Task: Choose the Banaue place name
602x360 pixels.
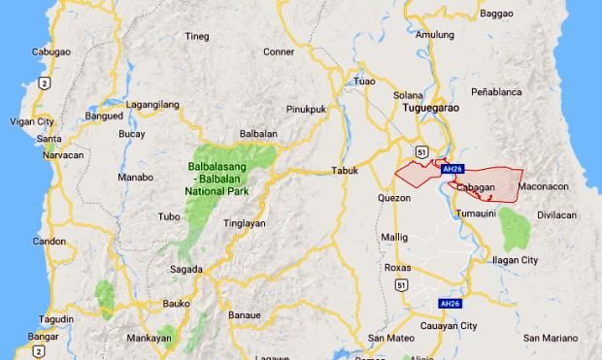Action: pos(245,315)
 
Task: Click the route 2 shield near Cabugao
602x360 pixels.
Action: pos(45,84)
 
